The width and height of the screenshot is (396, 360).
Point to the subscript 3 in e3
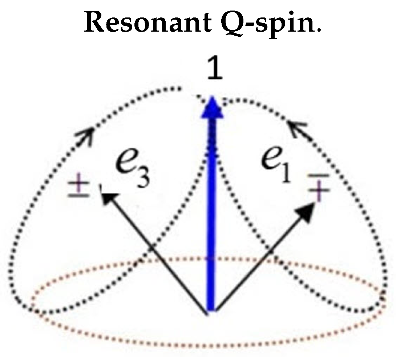(142, 177)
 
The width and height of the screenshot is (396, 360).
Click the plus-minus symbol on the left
(78, 188)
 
